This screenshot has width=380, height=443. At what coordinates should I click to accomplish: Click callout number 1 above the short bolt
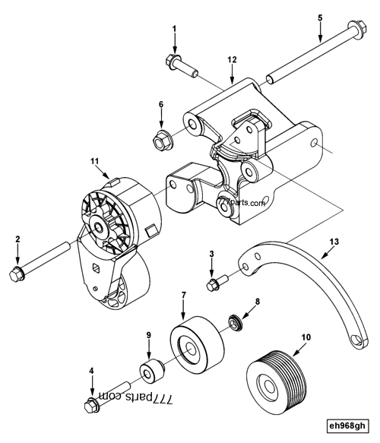174,29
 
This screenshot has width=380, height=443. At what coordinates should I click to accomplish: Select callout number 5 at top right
320,17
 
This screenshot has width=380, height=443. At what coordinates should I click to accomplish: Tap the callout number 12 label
232,59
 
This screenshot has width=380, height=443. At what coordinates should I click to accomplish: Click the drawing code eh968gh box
347,426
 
